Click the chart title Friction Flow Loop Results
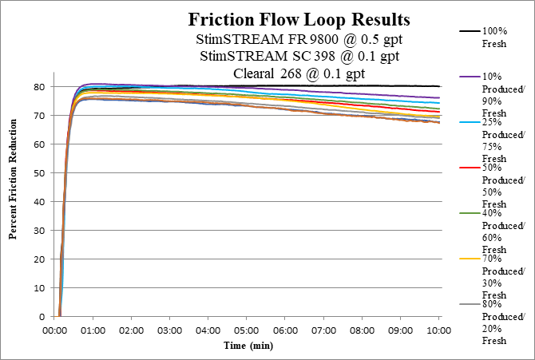click(299, 20)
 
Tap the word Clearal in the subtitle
click(255, 73)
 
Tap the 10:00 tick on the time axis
click(439, 330)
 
